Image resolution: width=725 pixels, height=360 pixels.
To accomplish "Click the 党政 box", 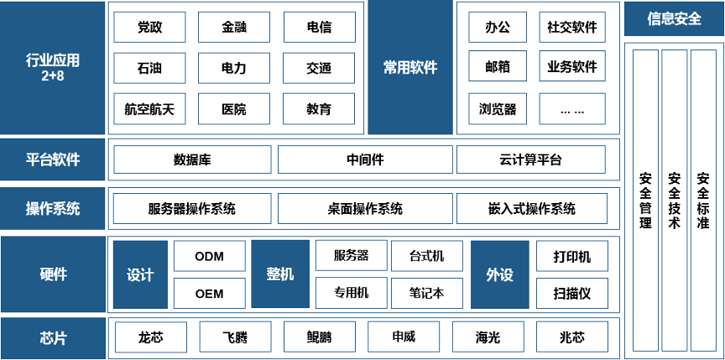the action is tap(149, 27).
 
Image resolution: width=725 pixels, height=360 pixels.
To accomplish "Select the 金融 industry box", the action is tap(234, 27).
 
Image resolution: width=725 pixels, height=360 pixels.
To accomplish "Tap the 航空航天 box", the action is tap(149, 109).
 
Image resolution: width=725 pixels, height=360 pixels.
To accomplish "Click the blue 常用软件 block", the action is tap(410, 67).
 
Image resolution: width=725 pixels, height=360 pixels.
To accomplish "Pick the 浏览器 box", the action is tap(498, 109).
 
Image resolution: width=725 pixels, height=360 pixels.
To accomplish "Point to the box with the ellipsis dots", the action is tap(572, 109).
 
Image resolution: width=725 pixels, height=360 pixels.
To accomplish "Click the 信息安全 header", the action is tap(674, 18).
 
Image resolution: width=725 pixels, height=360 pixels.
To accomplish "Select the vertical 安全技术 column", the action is tap(674, 200).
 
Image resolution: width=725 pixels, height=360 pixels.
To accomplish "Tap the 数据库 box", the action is tap(192, 159).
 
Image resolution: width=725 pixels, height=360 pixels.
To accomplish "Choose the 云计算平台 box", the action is tap(531, 159).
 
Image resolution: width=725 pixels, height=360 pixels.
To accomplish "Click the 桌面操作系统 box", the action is tap(365, 208).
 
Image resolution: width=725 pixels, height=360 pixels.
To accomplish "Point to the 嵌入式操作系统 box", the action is tap(532, 208).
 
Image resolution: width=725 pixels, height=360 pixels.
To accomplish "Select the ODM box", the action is tap(210, 256).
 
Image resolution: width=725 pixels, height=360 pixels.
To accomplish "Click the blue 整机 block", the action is tap(280, 274).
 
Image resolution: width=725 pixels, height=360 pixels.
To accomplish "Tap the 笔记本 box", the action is tap(427, 293).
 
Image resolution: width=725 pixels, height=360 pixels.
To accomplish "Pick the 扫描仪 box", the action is tap(572, 293).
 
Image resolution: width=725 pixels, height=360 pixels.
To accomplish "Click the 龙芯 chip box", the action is tap(151, 337).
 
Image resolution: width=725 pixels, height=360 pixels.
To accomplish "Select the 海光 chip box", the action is tap(488, 337).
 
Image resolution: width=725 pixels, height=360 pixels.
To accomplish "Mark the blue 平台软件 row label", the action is tap(53, 159).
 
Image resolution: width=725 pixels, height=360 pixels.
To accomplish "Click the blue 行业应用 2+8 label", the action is tap(53, 67).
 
